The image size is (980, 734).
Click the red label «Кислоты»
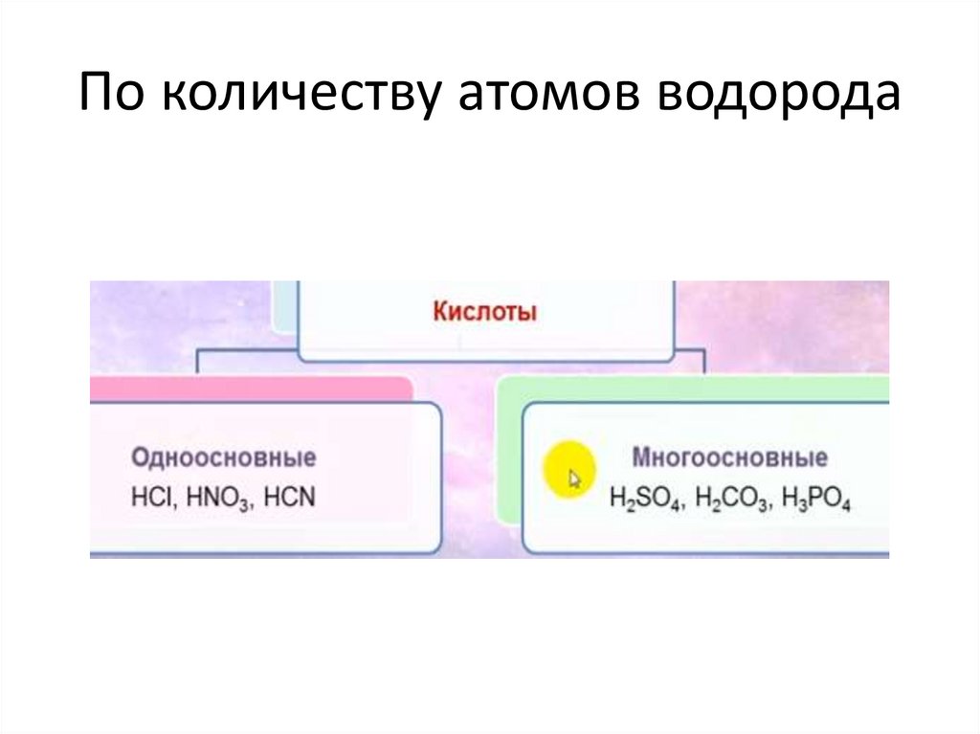[x=485, y=312]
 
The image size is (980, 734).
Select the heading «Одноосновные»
[x=223, y=456]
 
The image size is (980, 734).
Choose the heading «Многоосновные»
[x=729, y=456]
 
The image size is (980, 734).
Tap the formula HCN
[x=289, y=497]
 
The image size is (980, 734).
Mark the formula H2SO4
[x=644, y=499]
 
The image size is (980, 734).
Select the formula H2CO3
[x=730, y=499]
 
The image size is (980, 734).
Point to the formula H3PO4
[x=815, y=499]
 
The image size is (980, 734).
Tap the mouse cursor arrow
[x=574, y=478]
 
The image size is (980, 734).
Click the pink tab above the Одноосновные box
[x=251, y=389]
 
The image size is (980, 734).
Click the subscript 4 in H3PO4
[x=845, y=504]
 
